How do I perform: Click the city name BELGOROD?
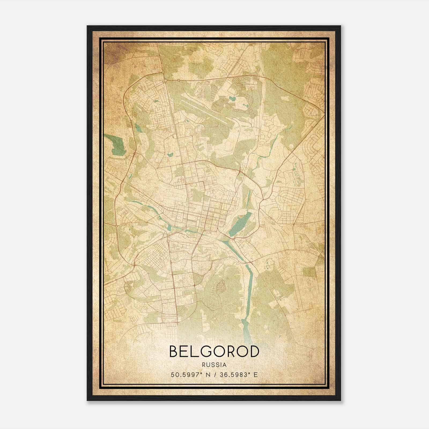pos(214,352)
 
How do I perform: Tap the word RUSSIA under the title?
pos(214,365)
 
